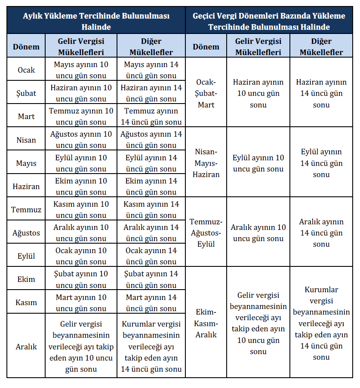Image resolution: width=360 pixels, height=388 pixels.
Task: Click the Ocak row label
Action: click(26, 70)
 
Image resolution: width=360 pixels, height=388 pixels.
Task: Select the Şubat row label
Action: click(26, 93)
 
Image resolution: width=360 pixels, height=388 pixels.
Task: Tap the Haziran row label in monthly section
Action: click(26, 186)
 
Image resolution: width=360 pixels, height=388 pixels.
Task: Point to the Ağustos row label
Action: click(26, 233)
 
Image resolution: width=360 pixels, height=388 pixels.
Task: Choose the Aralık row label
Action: click(26, 346)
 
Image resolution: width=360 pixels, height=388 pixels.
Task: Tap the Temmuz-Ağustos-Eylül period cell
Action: click(206, 233)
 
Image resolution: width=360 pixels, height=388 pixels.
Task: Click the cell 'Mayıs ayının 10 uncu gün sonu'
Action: click(81, 70)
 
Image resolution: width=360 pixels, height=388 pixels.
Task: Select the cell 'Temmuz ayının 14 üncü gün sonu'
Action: click(151, 116)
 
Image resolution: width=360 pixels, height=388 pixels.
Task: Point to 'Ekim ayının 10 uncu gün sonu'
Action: click(81, 186)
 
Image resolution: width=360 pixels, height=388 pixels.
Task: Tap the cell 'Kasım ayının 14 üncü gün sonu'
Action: click(151, 210)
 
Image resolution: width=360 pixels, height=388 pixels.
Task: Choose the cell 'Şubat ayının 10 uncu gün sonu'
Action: click(81, 279)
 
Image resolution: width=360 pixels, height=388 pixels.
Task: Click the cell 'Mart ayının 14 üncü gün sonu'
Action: click(151, 302)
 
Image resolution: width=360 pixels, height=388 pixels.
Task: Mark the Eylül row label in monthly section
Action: click(26, 256)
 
